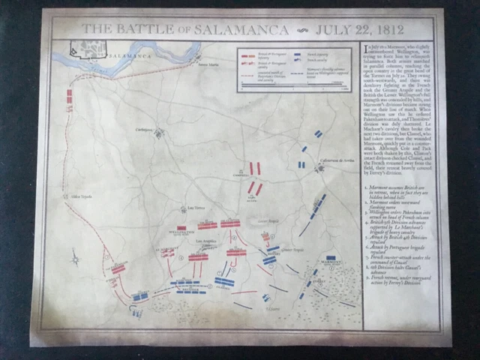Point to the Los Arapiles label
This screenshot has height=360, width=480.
click(x=206, y=241)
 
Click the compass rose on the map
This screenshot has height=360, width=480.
click(x=76, y=260)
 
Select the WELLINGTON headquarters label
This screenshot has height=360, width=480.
click(x=181, y=233)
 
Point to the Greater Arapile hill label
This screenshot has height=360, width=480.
click(x=292, y=250)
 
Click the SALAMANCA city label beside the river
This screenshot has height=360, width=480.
click(x=123, y=56)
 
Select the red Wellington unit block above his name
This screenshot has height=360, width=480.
click(x=181, y=227)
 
